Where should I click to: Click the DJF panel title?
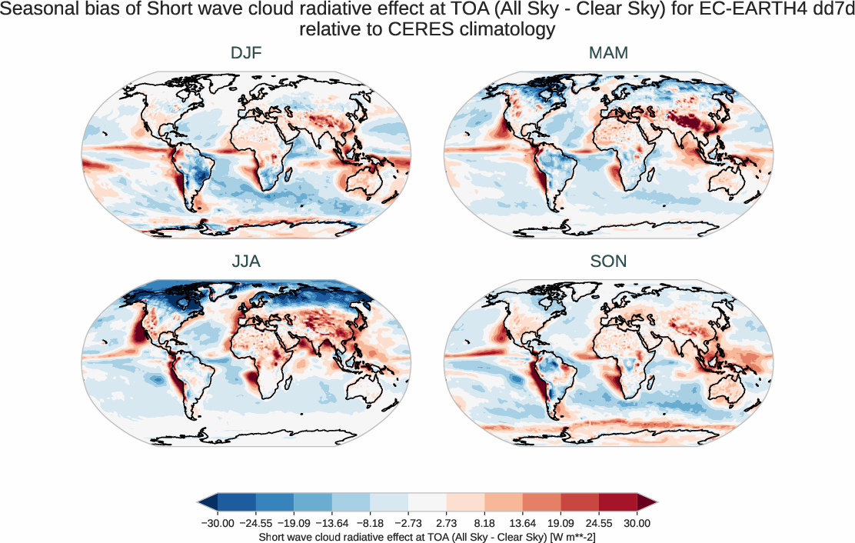(x=246, y=53)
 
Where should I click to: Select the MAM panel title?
(x=608, y=53)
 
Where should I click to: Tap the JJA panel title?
(x=246, y=262)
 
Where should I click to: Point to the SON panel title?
(x=608, y=262)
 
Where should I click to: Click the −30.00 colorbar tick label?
(x=217, y=523)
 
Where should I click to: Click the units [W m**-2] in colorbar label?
(x=561, y=536)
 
